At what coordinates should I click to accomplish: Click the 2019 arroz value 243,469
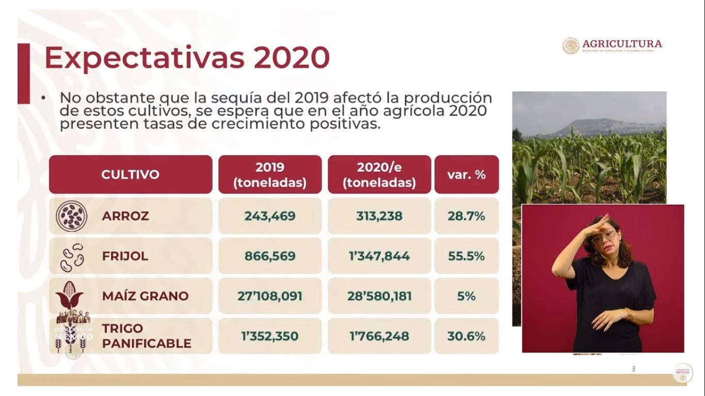click(x=270, y=216)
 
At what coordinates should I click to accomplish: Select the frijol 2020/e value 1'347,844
click(x=379, y=256)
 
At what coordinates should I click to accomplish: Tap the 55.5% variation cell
click(x=467, y=256)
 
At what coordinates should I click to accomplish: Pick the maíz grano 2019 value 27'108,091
click(x=270, y=296)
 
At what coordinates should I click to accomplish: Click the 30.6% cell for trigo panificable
click(x=467, y=336)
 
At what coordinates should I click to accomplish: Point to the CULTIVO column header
click(x=130, y=174)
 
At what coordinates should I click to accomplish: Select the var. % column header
click(x=467, y=174)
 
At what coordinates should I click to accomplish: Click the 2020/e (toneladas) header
click(x=379, y=175)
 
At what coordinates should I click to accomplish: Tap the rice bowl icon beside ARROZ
click(x=71, y=216)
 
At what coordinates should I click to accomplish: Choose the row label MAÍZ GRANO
click(x=145, y=296)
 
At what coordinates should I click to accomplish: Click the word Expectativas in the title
click(x=144, y=58)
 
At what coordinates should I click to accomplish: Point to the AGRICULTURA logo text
click(x=622, y=44)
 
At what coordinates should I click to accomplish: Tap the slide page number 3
click(x=633, y=369)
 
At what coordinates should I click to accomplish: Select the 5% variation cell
click(x=467, y=296)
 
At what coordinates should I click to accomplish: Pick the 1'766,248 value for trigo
click(x=379, y=336)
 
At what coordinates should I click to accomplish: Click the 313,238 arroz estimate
click(x=379, y=216)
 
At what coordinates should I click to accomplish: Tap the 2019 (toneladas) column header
click(x=270, y=175)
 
